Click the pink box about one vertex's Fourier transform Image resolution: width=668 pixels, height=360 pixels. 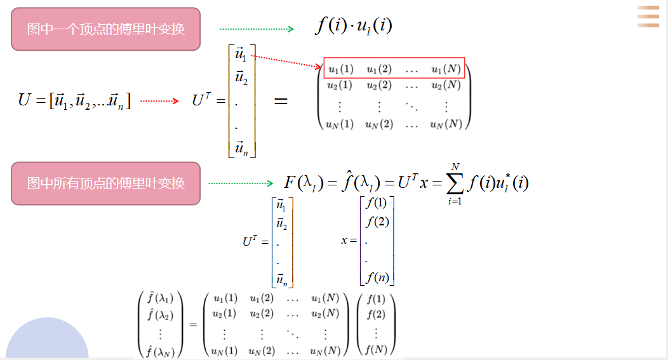point(105,29)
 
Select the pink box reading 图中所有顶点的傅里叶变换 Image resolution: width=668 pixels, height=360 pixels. point(105,183)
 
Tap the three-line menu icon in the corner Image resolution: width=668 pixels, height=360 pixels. point(648,17)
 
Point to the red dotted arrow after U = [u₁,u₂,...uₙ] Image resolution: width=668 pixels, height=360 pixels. point(159,101)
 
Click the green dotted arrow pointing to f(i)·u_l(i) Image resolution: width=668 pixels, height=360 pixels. point(257,29)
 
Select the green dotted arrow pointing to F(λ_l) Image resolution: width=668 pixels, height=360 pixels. point(241,183)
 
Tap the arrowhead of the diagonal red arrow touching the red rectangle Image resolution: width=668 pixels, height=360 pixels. point(318,66)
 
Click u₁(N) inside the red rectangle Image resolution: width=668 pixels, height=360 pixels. point(446,69)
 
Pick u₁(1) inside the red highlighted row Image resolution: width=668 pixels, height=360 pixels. point(341,69)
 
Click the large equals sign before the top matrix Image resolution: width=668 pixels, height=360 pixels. point(281,101)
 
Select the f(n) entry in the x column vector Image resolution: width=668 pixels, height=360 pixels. point(377,277)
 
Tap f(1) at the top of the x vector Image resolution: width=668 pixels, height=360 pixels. point(376,203)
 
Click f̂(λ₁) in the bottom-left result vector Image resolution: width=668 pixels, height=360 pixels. point(160,297)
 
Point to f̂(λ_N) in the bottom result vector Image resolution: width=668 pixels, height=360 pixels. point(161,352)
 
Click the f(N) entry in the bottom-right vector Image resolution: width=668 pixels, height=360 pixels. point(376,350)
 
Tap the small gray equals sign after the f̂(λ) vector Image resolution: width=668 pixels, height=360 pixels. point(193,324)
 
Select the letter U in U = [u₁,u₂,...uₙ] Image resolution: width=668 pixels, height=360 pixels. point(24,100)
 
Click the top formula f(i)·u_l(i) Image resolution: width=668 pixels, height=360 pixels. point(354,25)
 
